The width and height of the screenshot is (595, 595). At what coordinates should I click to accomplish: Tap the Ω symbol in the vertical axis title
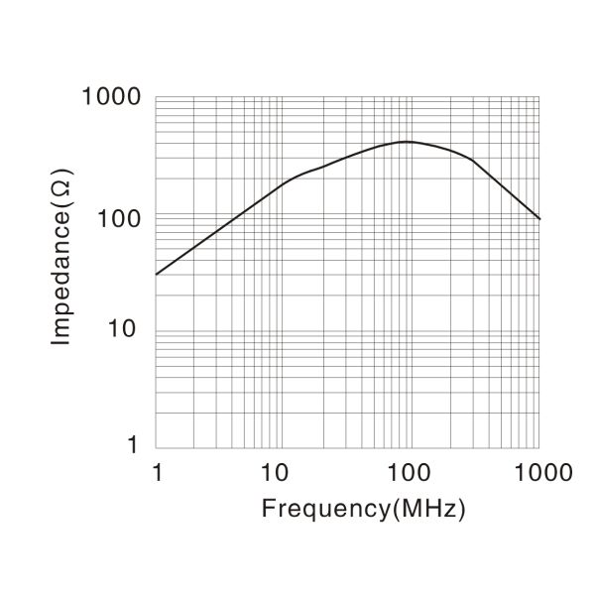[x=61, y=209]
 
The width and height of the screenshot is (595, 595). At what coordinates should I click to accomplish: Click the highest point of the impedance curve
[x=407, y=142]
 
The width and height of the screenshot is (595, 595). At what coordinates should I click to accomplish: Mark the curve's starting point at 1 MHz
[x=156, y=274]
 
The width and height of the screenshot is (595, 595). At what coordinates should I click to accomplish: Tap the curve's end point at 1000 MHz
[x=539, y=218]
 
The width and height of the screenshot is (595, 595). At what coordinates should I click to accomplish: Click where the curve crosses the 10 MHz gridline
[x=284, y=182]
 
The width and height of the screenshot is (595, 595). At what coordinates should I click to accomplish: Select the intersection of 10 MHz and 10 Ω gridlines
[x=284, y=330]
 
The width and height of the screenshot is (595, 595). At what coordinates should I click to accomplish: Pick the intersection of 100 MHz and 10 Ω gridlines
[x=412, y=330]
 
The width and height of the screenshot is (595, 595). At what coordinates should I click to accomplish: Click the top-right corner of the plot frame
[x=539, y=97]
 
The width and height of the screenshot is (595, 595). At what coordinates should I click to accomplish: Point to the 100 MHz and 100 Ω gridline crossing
[x=412, y=213]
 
